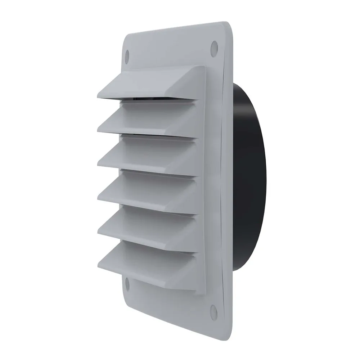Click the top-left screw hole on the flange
click(x=127, y=55)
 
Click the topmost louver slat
click(x=151, y=85)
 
